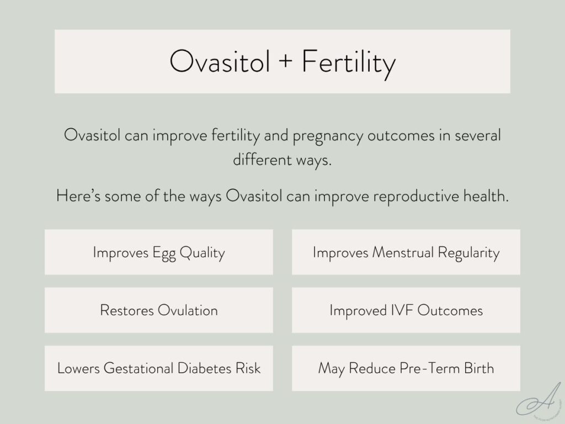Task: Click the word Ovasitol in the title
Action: click(x=220, y=62)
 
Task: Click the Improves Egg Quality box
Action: click(x=159, y=252)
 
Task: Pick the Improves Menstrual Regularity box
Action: click(x=406, y=252)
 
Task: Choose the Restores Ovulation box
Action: click(x=159, y=310)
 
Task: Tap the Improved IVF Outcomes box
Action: click(x=406, y=310)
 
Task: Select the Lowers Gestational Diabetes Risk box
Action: click(x=159, y=368)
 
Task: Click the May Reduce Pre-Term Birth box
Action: click(x=406, y=368)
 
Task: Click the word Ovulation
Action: click(x=188, y=310)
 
